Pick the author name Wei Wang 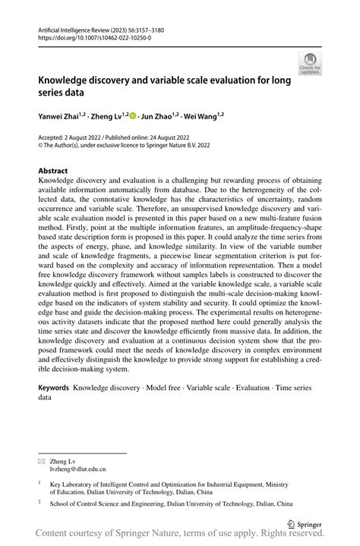(x=204, y=116)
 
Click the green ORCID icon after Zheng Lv (x=132, y=116)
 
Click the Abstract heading (x=53, y=171)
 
